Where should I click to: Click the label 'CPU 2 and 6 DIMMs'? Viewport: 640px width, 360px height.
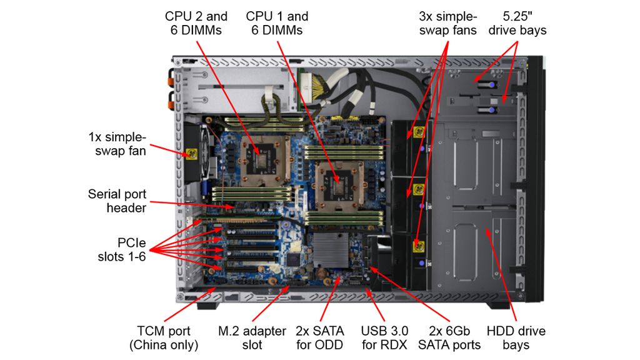coord(196,23)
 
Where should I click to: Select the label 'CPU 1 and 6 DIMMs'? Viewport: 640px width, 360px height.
coord(277,23)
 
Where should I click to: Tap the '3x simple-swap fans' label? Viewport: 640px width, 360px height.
coord(447,23)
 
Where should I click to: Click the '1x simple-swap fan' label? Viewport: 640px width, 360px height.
coord(117,144)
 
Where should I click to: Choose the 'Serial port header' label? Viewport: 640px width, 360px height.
coord(117,201)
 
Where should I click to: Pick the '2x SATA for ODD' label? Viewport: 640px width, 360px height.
coord(320,337)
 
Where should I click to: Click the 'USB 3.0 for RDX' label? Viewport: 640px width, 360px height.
coord(384,337)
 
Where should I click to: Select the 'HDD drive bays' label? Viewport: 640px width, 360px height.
coord(516,337)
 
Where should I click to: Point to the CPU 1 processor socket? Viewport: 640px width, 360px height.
coord(337,181)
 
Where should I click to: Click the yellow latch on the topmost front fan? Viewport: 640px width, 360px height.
coord(419,132)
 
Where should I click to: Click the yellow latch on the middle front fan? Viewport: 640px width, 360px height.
coord(418,190)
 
